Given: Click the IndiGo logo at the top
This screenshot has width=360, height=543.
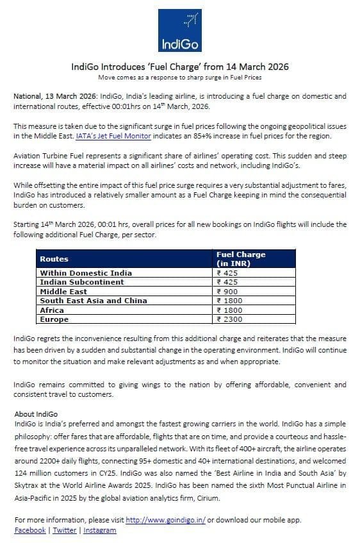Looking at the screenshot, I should (x=180, y=30).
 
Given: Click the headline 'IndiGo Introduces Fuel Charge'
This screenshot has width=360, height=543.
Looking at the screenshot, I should (x=180, y=67).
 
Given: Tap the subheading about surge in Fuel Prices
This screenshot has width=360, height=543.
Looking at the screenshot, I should (x=180, y=77).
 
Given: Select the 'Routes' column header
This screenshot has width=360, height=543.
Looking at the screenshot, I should (x=54, y=259).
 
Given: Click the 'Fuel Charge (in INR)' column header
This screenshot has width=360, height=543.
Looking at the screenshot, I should (x=241, y=259).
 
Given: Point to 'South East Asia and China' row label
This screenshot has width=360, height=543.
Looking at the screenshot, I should (x=94, y=300).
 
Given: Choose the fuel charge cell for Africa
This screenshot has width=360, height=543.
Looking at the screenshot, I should (x=230, y=310).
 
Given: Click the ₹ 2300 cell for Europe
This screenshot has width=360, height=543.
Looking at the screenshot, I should (x=230, y=319).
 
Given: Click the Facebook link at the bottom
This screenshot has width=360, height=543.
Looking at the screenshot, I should (x=30, y=530).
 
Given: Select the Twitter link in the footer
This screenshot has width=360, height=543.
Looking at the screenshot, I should (x=65, y=530).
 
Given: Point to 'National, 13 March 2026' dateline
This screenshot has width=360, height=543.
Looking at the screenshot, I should (x=55, y=96).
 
